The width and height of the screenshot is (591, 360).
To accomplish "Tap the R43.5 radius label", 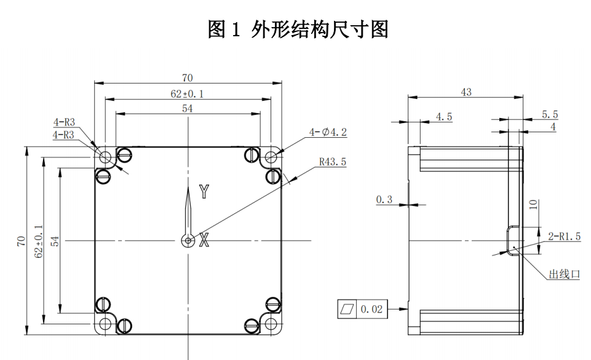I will (x=333, y=162).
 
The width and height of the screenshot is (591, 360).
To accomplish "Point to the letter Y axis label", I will (x=204, y=192).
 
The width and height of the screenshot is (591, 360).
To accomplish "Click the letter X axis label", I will (x=204, y=240).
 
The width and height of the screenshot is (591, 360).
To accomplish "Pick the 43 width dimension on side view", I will (x=466, y=92).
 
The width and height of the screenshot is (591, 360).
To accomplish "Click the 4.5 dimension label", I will (x=444, y=116).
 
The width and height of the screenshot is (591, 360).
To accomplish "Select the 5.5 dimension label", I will (x=550, y=114).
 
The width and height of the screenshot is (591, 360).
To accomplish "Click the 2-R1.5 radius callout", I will (x=564, y=236).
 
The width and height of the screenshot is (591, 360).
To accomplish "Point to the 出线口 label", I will (x=565, y=274).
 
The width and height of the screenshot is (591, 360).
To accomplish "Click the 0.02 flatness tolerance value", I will (x=371, y=309).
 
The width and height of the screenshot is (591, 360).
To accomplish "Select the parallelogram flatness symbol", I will (x=347, y=309).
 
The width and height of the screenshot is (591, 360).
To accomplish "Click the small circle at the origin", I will (x=188, y=241).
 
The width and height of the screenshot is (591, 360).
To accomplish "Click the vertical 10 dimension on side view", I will (x=533, y=204).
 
